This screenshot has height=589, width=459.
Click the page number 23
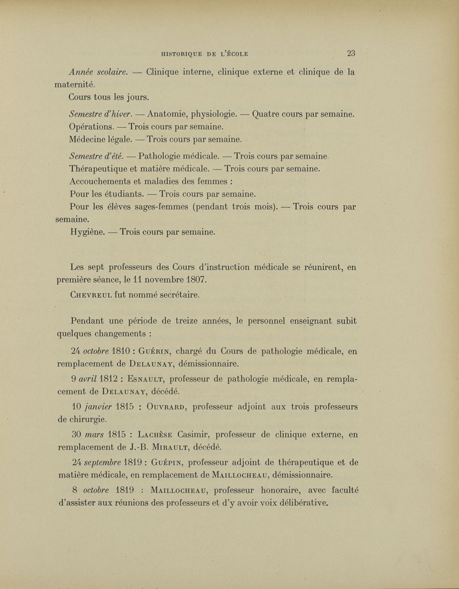tap(351, 53)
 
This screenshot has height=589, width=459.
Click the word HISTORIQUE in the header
tap(185, 54)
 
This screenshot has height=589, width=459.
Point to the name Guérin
tap(165, 349)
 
